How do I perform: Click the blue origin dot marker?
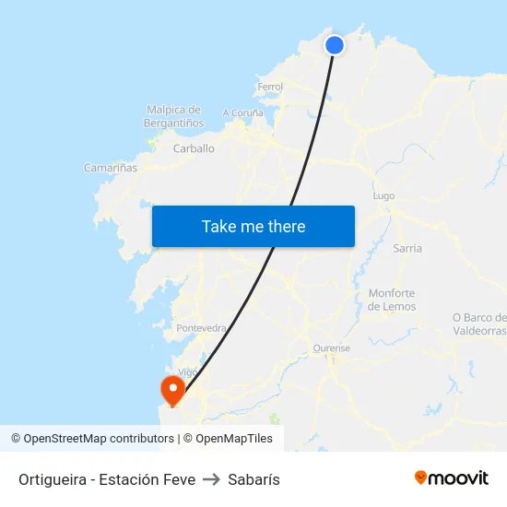335,44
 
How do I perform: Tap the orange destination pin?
171,389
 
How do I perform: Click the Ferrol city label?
270,87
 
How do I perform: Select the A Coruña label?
242,113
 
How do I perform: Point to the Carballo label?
194,147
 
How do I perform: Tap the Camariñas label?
111,168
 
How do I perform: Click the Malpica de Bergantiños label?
174,116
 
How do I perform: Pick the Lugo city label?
383,195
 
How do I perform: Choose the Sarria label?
407,248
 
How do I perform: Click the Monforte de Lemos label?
392,300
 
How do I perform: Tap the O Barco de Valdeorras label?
479,324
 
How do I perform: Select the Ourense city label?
332,348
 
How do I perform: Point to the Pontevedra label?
201,328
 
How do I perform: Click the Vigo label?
188,371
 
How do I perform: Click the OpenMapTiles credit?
234,439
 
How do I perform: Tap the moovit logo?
452,478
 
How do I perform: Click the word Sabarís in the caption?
253,479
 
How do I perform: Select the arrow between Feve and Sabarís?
211,479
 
